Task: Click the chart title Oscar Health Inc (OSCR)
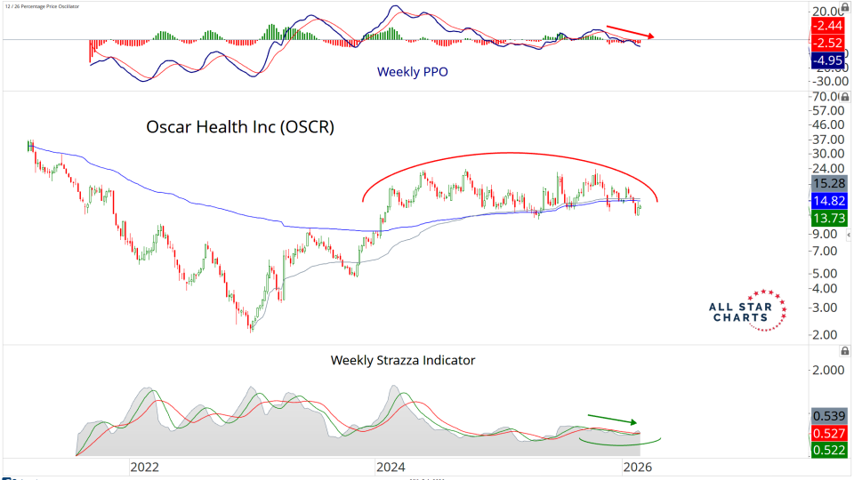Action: click(240, 127)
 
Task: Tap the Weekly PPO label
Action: click(413, 71)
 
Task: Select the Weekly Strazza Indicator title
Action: click(403, 360)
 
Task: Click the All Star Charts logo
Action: click(748, 310)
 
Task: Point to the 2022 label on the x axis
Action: click(144, 466)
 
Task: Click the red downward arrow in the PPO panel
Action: click(631, 31)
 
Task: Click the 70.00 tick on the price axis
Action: click(829, 96)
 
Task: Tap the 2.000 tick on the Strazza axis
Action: click(829, 370)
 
